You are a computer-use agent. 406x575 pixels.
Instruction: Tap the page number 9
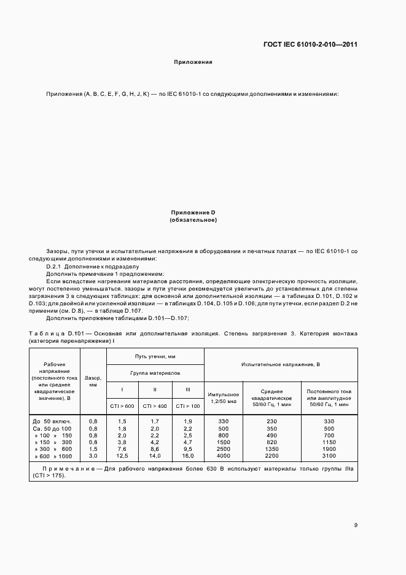click(356, 525)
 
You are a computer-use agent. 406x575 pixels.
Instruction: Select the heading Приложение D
click(193, 213)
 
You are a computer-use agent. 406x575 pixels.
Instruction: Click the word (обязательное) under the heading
click(193, 220)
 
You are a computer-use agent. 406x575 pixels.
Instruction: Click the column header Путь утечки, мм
click(155, 356)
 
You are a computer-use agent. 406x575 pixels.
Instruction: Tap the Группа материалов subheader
click(155, 373)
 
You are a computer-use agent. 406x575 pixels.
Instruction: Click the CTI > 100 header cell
click(188, 405)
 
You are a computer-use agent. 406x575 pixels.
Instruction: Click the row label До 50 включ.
click(53, 421)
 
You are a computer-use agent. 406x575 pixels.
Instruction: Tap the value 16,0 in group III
click(187, 455)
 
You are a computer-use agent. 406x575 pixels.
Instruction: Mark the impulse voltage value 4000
click(223, 455)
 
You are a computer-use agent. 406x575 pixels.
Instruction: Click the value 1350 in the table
click(271, 448)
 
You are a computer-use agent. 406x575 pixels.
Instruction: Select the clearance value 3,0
click(93, 455)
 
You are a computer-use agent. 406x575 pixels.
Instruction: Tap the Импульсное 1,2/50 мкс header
click(223, 397)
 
